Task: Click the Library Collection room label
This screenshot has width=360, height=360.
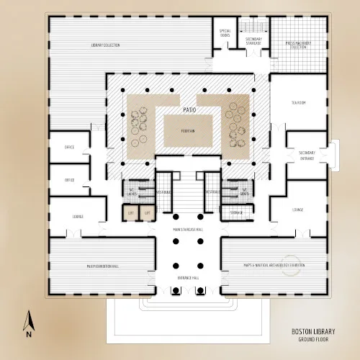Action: tap(105, 45)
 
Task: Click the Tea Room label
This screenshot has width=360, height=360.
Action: tap(298, 103)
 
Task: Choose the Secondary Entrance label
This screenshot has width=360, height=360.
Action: tap(307, 154)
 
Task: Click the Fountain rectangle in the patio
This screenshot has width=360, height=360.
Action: tap(188, 131)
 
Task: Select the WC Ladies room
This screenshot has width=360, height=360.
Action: tap(132, 192)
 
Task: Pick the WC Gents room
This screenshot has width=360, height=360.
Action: tap(244, 192)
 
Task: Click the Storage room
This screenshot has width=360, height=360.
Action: tap(236, 213)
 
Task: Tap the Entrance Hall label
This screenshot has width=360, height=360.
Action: tap(189, 276)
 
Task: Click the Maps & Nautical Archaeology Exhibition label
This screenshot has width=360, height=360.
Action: tap(275, 266)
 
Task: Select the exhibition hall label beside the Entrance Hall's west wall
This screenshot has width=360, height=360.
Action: tap(102, 266)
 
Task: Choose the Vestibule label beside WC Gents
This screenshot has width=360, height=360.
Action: tap(212, 192)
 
